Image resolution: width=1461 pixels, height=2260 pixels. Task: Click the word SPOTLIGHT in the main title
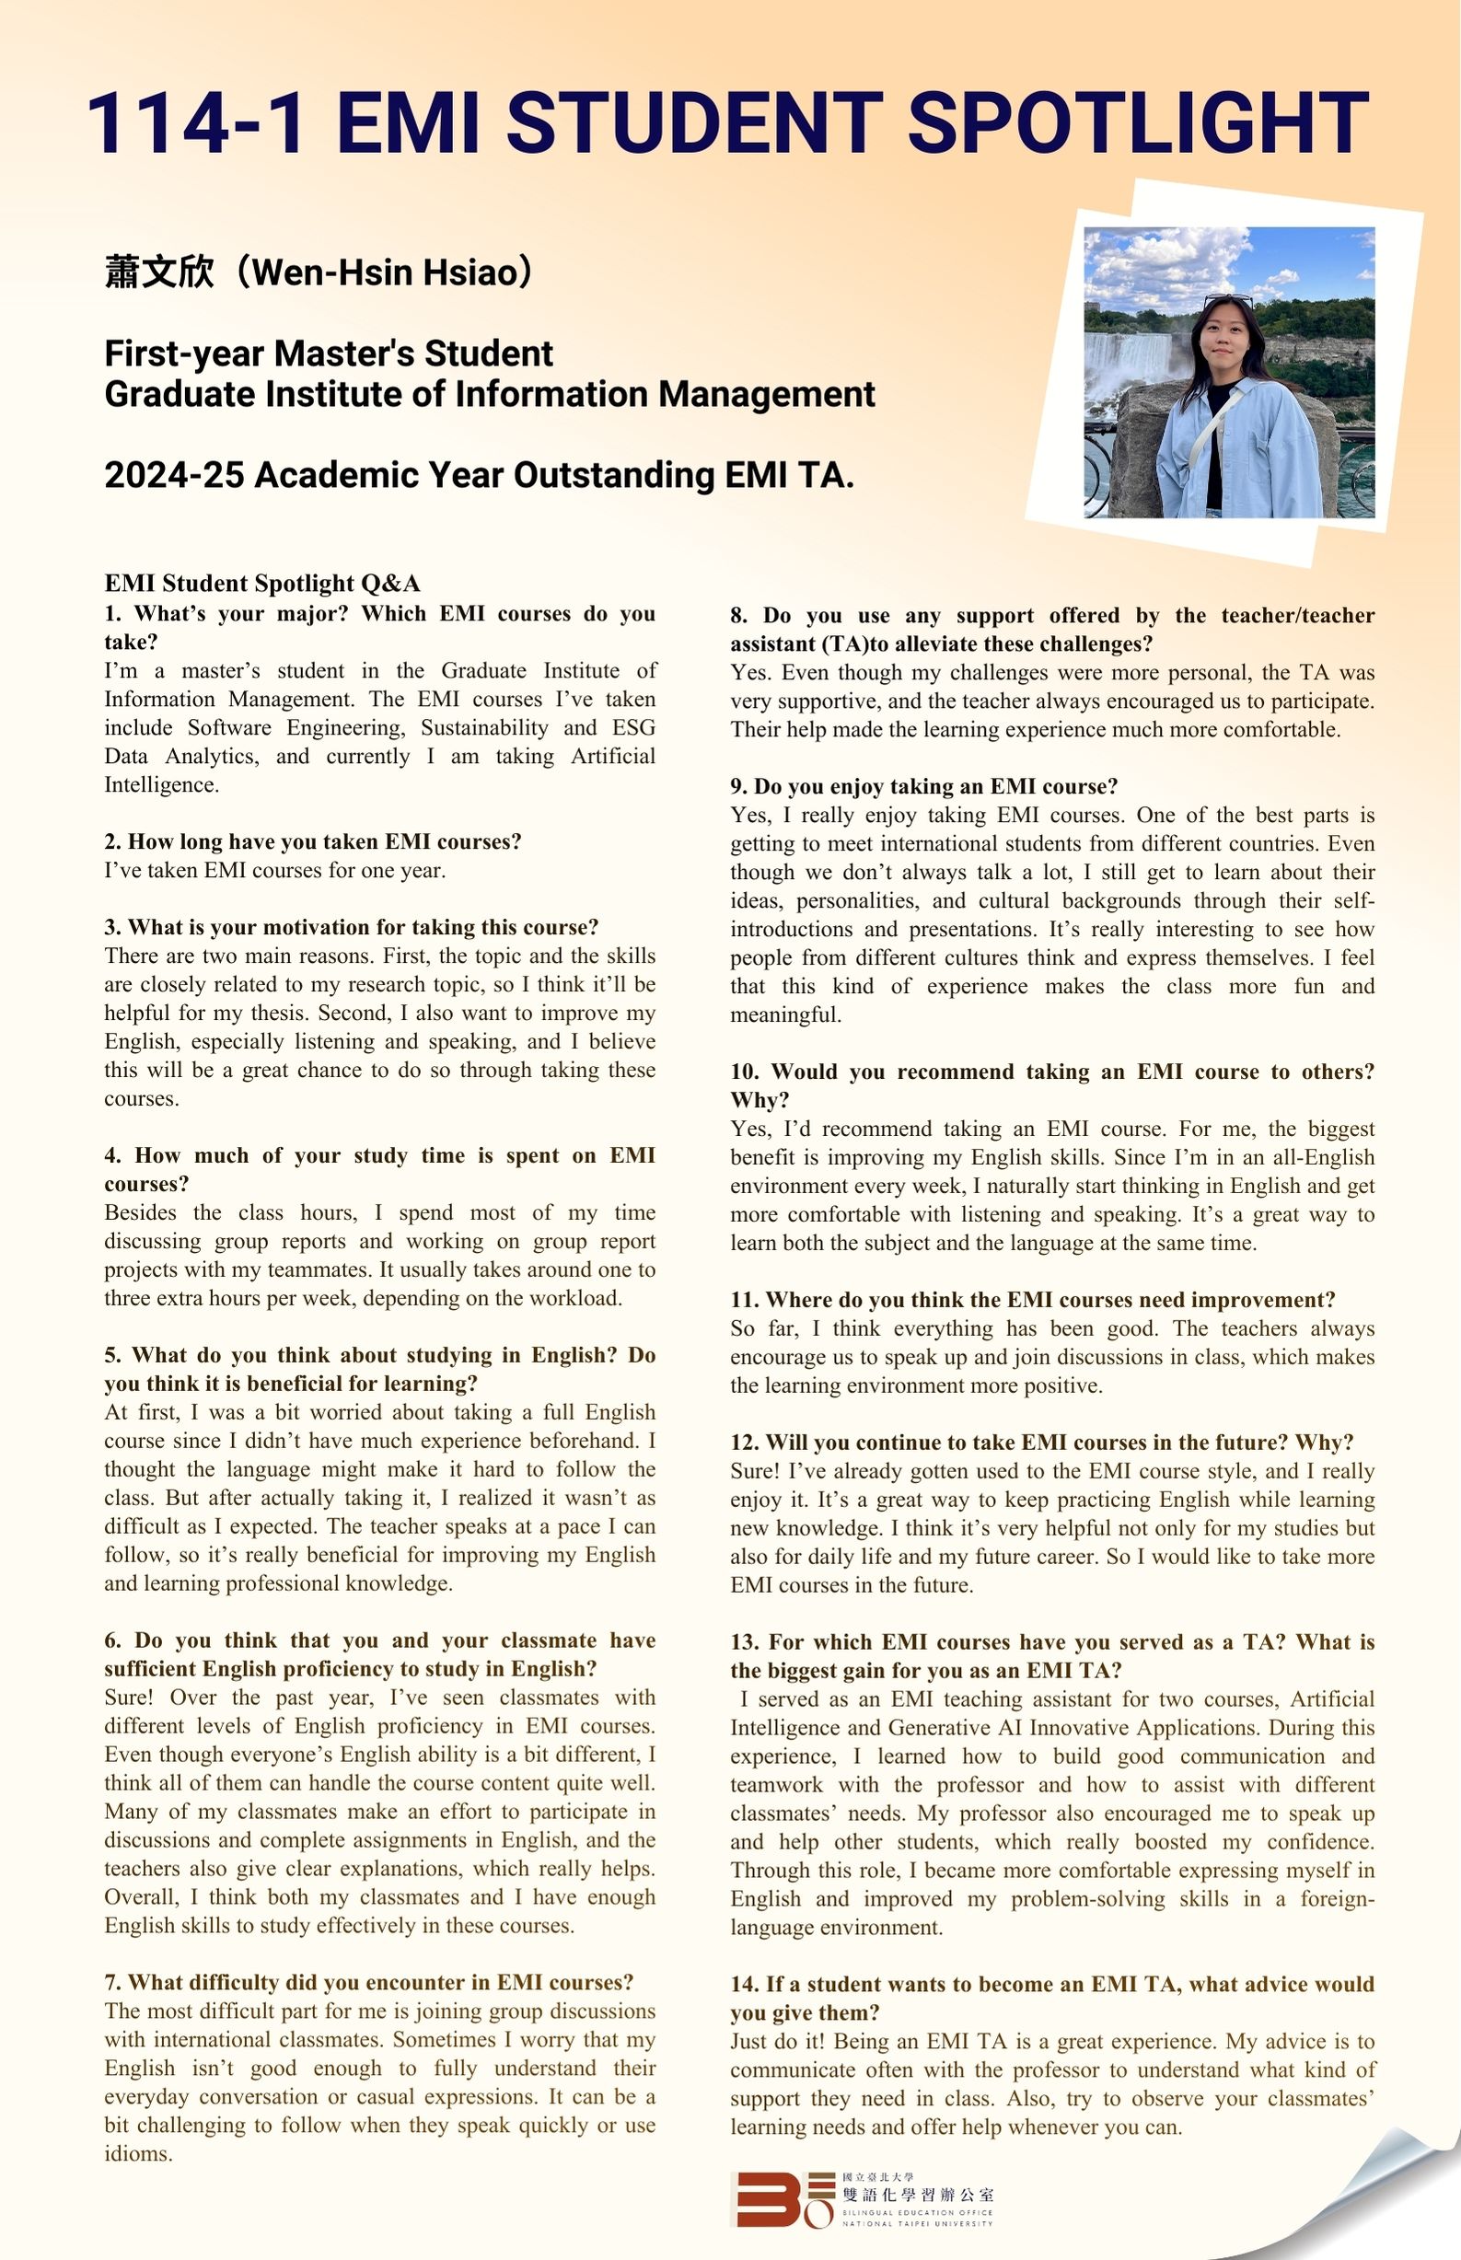tap(1138, 122)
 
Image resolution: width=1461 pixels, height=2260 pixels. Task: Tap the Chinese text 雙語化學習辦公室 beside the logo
tap(918, 2194)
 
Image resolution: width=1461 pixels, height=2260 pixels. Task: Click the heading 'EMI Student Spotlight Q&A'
tap(261, 584)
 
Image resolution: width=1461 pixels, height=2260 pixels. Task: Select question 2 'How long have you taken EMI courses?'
tap(313, 841)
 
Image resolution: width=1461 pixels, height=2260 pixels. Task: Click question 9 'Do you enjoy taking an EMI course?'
tap(924, 786)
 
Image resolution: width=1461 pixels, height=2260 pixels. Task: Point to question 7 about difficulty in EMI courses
tap(369, 1982)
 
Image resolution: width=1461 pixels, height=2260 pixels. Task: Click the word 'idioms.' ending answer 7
tap(138, 2153)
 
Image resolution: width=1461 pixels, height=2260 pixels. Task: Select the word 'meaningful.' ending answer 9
tap(785, 1014)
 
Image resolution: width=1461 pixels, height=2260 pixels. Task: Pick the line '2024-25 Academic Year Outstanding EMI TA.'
tap(479, 475)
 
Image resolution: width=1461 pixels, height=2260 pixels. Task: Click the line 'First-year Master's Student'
tap(329, 353)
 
